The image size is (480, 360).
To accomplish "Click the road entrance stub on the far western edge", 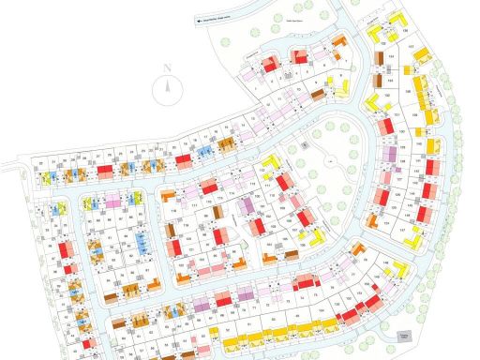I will click(x=7, y=166).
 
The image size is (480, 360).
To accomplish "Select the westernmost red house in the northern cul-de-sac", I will click(x=267, y=65).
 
